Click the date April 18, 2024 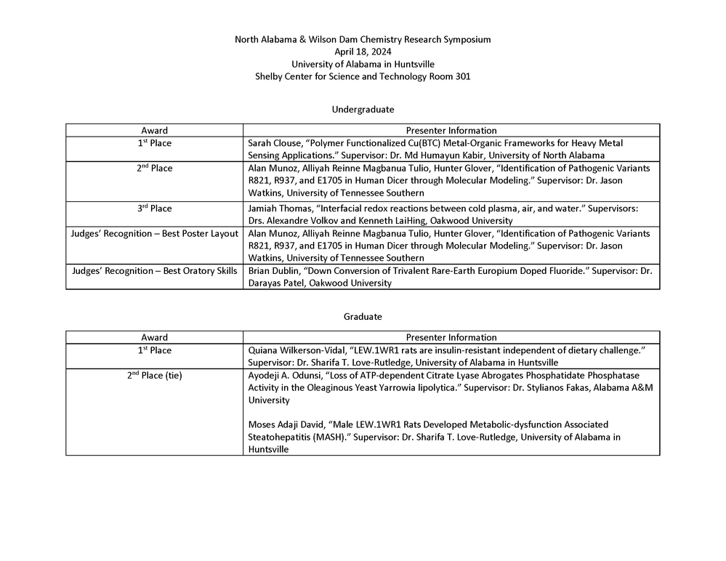click(363, 52)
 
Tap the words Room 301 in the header click(451, 76)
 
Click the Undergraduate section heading click(363, 110)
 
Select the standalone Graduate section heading click(363, 317)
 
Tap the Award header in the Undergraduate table click(155, 131)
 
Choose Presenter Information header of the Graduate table click(451, 338)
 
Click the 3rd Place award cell click(155, 209)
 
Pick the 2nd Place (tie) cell click(155, 376)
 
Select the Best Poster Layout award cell click(155, 234)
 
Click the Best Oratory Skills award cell click(155, 271)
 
